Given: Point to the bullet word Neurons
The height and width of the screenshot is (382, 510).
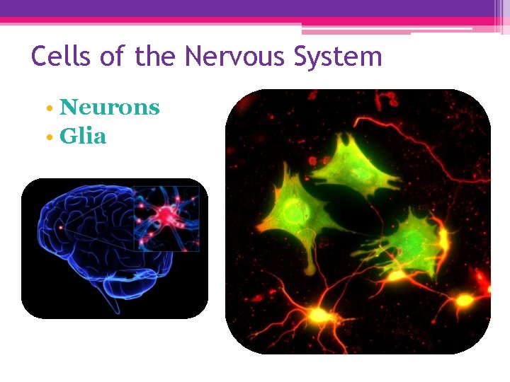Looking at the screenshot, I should click(x=110, y=108).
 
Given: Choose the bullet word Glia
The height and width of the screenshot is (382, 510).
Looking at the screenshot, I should click(x=83, y=136).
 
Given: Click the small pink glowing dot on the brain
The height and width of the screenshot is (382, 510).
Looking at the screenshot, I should click(x=62, y=227).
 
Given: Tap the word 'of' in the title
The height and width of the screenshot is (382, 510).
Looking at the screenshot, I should click(x=112, y=56).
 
